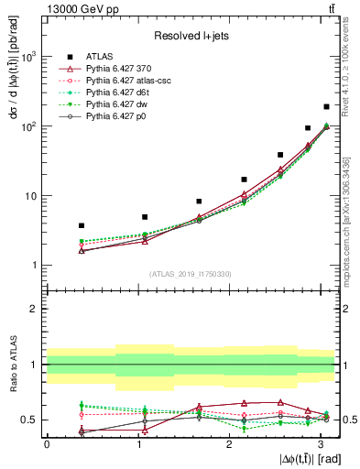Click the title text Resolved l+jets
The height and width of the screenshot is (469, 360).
tap(191, 36)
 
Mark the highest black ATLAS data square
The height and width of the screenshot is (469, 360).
tap(326, 107)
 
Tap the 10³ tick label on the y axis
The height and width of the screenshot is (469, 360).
tap(28, 57)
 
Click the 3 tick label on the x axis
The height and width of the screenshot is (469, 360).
tap(321, 444)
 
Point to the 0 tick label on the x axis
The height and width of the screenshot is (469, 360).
tap(47, 444)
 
